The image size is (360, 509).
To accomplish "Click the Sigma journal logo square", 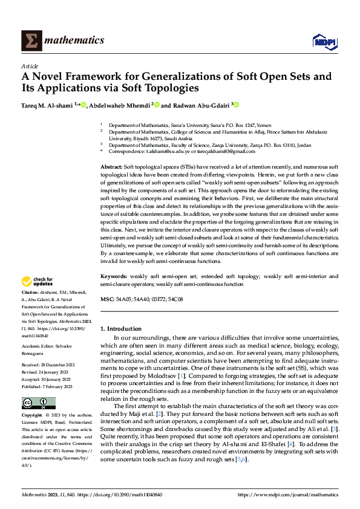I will pyautogui.click(x=31, y=41).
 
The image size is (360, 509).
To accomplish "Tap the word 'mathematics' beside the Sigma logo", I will pyautogui.click(x=76, y=41).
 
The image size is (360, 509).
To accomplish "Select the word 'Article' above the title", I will pyautogui.click(x=30, y=66).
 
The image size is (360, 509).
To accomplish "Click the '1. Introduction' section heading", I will pyautogui.click(x=120, y=328).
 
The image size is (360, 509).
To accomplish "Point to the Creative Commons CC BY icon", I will pyautogui.click(x=38, y=403).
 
